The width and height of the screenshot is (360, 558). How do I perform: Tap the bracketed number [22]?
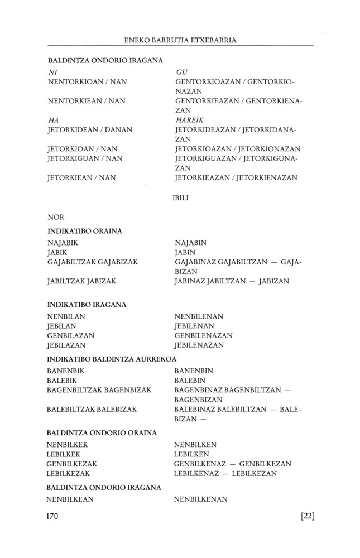308,516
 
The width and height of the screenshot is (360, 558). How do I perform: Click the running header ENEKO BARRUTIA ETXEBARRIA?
180,40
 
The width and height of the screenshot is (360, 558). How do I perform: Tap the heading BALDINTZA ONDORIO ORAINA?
102,432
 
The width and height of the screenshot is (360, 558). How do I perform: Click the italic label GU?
181,73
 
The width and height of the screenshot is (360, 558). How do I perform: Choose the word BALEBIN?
190,380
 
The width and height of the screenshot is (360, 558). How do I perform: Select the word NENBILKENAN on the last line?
201,499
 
